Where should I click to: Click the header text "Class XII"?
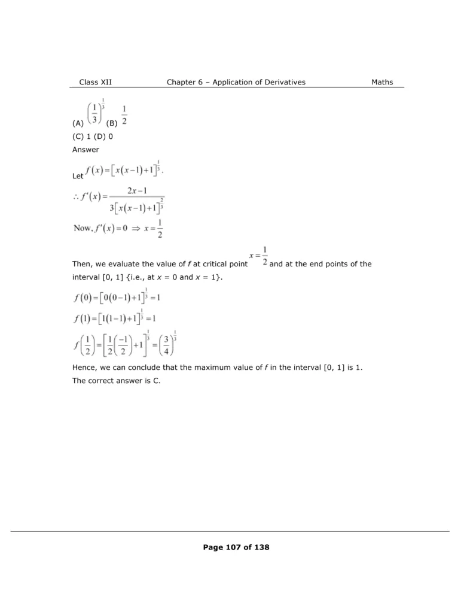pos(95,82)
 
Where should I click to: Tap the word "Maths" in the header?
pos(382,82)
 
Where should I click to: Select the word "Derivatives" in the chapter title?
pos(283,82)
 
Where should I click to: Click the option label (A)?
pos(77,124)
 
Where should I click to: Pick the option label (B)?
pos(112,124)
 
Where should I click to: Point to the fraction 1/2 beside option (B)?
pos(124,116)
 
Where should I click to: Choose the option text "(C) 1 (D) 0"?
pos(93,136)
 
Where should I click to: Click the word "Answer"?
pos(86,150)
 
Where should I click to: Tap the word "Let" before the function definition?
pos(78,177)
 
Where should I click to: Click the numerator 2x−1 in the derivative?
pos(138,191)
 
